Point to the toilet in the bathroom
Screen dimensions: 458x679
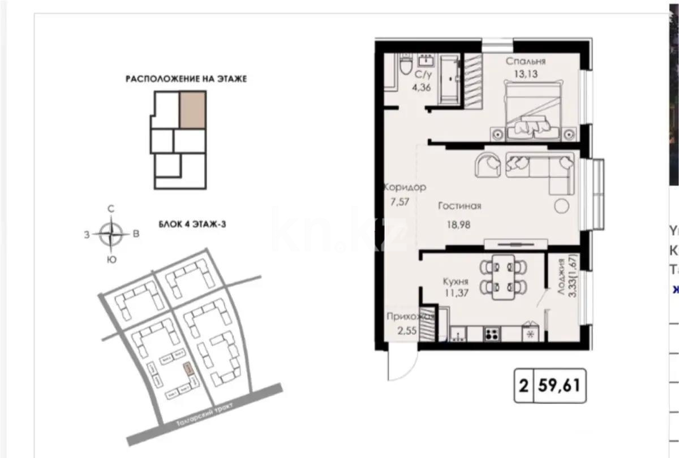[x=405, y=66]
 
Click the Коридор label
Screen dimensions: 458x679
[x=405, y=187]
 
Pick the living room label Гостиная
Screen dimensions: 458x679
[x=459, y=206]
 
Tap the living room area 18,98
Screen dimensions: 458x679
[x=458, y=223]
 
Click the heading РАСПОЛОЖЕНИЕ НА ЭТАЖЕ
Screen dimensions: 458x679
[x=186, y=80]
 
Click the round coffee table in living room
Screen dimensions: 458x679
[x=561, y=206]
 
